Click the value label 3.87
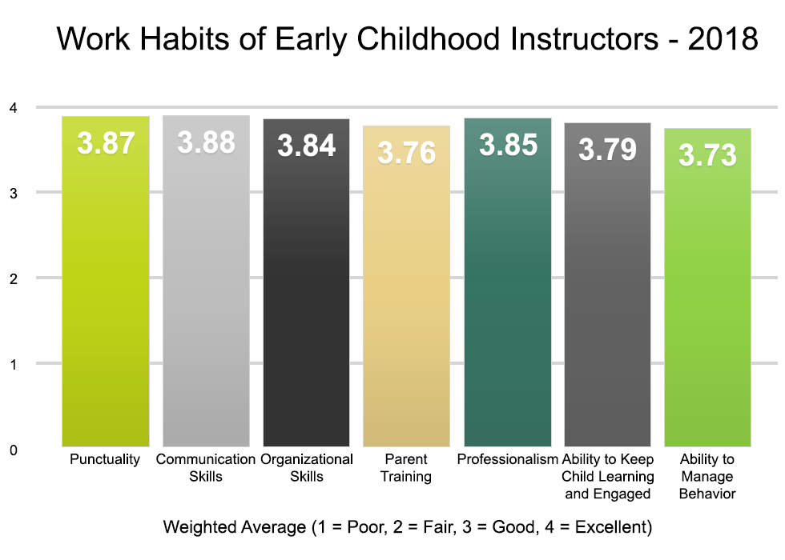click(x=106, y=144)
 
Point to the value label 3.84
click(x=307, y=146)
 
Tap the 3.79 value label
click(x=608, y=150)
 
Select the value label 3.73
click(x=708, y=154)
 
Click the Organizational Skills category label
click(x=307, y=468)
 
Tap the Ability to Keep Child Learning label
click(x=608, y=477)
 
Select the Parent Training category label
click(x=407, y=468)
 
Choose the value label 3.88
click(x=207, y=142)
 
